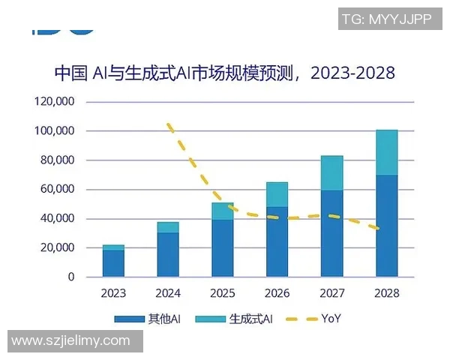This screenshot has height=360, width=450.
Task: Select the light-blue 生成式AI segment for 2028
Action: point(387,152)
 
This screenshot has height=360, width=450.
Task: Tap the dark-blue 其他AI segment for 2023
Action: point(114,263)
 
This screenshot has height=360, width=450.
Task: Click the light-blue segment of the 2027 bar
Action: point(332,173)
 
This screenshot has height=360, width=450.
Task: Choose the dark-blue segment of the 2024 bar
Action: point(168,254)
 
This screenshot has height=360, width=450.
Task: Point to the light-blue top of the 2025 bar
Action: point(223,211)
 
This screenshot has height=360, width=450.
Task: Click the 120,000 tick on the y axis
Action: point(54,102)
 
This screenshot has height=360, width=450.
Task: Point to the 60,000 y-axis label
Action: point(57,190)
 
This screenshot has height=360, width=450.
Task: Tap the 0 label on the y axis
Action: point(71,277)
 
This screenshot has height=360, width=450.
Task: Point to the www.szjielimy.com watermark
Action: point(71,340)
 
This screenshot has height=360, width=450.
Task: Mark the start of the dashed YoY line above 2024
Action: point(169,124)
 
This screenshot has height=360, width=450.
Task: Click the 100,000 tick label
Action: point(54,131)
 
